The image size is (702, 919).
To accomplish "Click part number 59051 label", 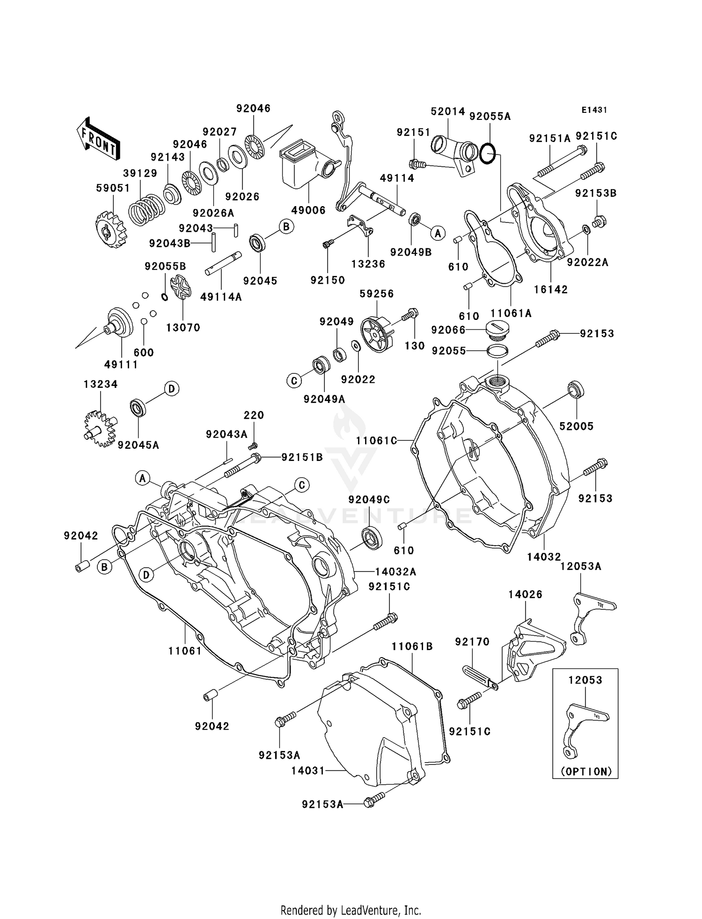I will pyautogui.click(x=113, y=188).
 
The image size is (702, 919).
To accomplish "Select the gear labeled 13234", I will pyautogui.click(x=99, y=428).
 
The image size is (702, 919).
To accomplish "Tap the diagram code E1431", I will pyautogui.click(x=594, y=110).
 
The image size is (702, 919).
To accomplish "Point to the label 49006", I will pyautogui.click(x=308, y=210).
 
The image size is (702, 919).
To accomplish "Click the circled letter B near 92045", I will pyautogui.click(x=286, y=227).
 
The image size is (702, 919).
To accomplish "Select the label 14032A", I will pyautogui.click(x=395, y=571).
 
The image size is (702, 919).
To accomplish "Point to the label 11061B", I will pyautogui.click(x=412, y=646).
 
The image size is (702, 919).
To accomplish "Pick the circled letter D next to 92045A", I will pyautogui.click(x=171, y=389).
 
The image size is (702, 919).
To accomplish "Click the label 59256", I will pyautogui.click(x=376, y=294).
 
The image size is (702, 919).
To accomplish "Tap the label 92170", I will pyautogui.click(x=472, y=642).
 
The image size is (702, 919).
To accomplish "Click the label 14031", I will pyautogui.click(x=307, y=771).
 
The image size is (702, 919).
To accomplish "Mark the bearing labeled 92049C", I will pyautogui.click(x=373, y=537).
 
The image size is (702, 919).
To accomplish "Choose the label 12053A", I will pyautogui.click(x=581, y=566).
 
